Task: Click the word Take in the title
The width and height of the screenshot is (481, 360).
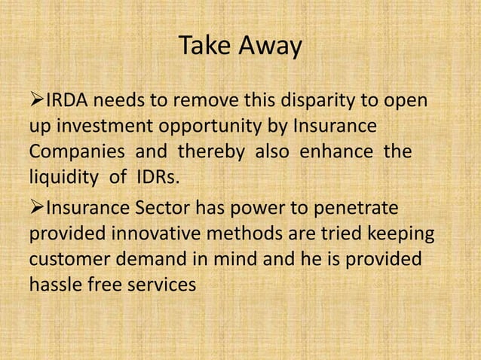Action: (205, 47)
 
